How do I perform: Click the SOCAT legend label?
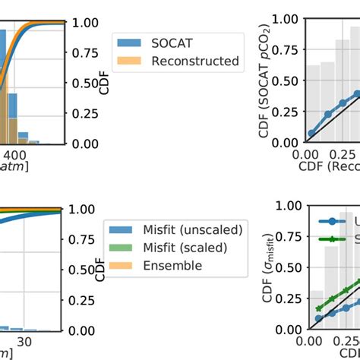click(x=172, y=43)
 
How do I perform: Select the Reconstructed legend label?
click(x=194, y=61)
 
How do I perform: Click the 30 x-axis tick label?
click(x=24, y=343)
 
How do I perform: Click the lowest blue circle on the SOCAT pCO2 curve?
click(x=310, y=133)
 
